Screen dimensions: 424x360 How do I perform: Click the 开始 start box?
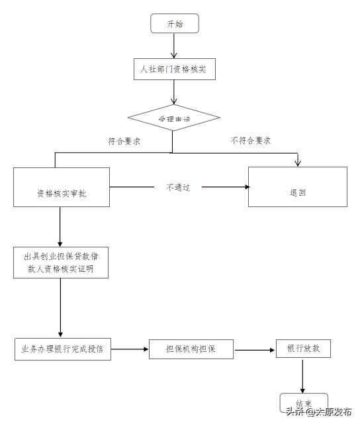coord(175,24)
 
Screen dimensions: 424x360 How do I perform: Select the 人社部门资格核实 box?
coord(174,69)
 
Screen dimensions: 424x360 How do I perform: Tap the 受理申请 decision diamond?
coord(173,118)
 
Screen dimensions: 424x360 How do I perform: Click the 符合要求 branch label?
coord(124,141)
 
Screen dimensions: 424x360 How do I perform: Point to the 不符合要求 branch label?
coord(250,141)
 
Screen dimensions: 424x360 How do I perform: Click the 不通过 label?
coord(177,187)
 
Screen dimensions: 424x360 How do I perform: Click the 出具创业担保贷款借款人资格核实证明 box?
coord(62,263)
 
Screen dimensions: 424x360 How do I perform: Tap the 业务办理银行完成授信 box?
coord(63,348)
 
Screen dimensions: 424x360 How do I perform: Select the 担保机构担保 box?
coord(191,349)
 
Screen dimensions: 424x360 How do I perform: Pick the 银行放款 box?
coord(302,348)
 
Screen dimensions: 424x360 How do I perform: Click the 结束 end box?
coord(304,403)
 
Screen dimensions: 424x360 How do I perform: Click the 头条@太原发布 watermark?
coord(320,412)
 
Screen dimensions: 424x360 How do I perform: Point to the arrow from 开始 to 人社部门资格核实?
coord(174,45)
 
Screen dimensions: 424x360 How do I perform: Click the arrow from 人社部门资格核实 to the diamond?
coord(174,93)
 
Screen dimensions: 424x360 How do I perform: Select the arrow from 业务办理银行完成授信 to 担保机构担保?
coord(130,349)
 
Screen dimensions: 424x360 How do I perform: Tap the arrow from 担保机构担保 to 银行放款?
coord(255,349)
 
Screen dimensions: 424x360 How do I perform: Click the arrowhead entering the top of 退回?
coord(298,163)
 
